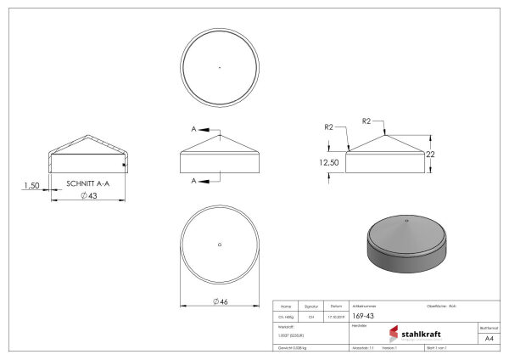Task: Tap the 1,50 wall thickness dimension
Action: click(x=31, y=184)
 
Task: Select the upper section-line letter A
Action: click(x=193, y=129)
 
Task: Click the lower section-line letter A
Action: click(x=193, y=180)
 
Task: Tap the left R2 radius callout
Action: click(x=329, y=127)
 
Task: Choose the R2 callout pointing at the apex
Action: click(x=366, y=121)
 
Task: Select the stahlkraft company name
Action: click(x=421, y=334)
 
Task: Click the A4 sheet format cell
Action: click(x=488, y=337)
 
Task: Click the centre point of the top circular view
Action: click(x=220, y=66)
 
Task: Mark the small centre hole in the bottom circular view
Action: click(x=220, y=245)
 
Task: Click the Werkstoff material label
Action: click(x=286, y=326)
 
